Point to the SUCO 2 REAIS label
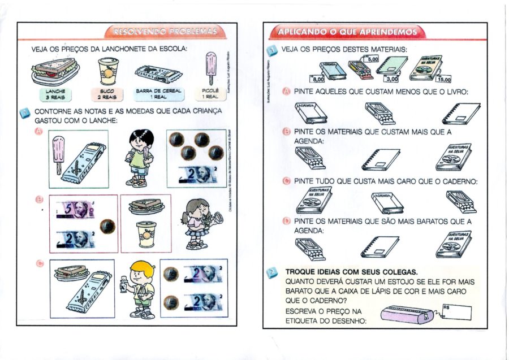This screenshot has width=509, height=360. (x=107, y=94)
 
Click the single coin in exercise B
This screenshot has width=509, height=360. (x=107, y=227)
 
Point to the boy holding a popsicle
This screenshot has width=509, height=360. (x=137, y=157)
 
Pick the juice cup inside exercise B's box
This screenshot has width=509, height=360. (x=146, y=234)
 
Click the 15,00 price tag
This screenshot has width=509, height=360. (x=444, y=80)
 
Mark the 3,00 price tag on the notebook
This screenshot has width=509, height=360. (x=391, y=80)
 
